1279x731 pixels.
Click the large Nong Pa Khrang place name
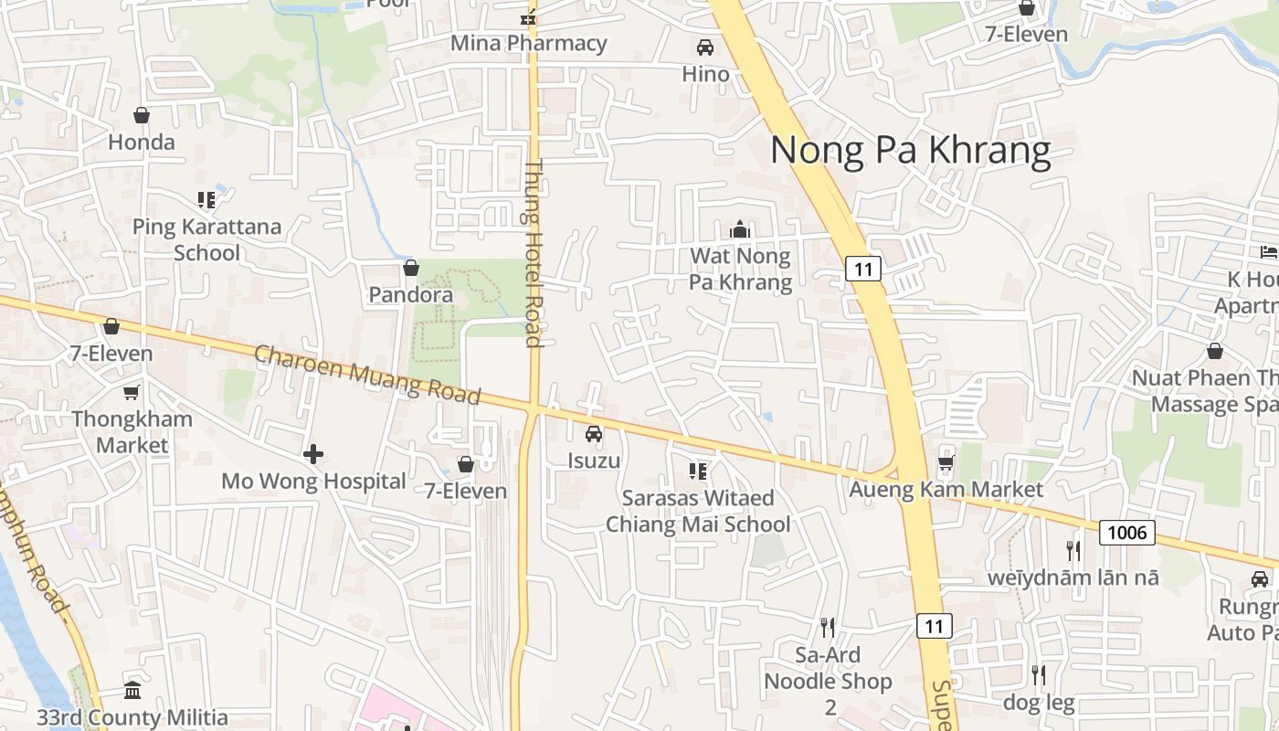(911, 151)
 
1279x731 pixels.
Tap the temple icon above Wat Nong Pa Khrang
(740, 229)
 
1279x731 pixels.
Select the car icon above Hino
(705, 48)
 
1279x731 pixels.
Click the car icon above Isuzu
(594, 434)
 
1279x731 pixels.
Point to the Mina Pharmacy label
(529, 43)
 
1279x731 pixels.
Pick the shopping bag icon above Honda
(142, 115)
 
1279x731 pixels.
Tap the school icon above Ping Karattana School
(206, 199)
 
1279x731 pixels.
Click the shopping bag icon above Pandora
(411, 268)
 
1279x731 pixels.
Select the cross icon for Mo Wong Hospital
(313, 453)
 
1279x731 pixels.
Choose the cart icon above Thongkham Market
(132, 392)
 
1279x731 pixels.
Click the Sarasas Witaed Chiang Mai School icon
(698, 471)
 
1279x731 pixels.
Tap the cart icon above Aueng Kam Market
(946, 462)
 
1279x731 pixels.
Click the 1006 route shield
(1127, 532)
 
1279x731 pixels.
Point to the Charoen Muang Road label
(367, 375)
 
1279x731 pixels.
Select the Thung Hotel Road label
(534, 254)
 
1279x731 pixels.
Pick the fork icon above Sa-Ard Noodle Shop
(828, 627)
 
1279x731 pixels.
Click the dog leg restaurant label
(1039, 703)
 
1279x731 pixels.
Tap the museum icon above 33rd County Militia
(132, 690)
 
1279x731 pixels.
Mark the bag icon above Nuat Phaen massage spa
(1215, 351)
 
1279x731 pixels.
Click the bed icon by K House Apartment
(1268, 251)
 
